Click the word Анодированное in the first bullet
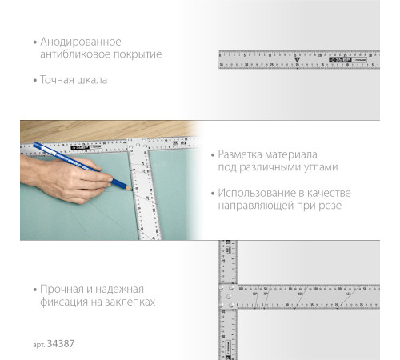point(77,40)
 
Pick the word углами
point(320,168)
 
